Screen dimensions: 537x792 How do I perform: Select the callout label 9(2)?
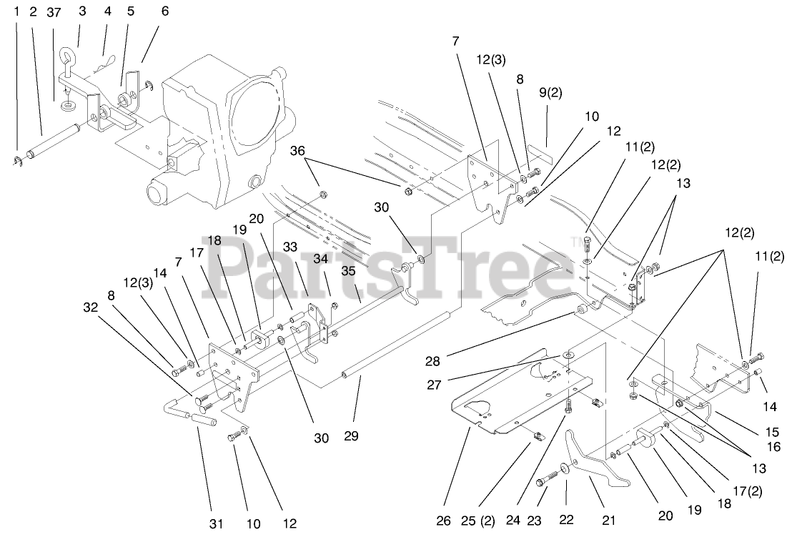pyautogui.click(x=551, y=92)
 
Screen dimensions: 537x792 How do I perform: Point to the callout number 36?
pyautogui.click(x=298, y=151)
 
